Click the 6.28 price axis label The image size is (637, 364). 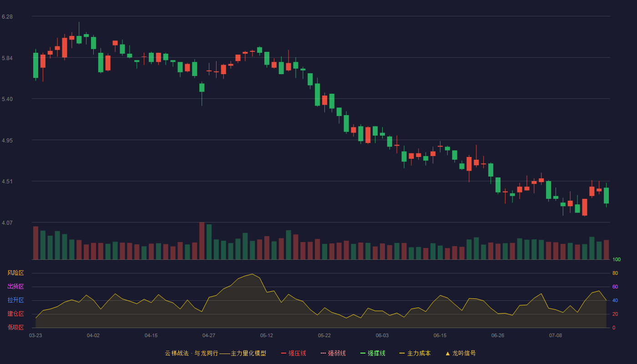pos(7,17)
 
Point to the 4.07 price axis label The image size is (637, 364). pos(7,222)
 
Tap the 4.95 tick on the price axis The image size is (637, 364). pos(7,141)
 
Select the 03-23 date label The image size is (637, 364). pos(35,336)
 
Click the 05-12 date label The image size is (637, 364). pos(267,336)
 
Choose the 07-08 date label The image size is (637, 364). pos(556,336)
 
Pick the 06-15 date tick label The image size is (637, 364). pos(440,336)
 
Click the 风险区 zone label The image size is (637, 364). pos(15,273)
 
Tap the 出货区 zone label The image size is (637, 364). pos(15,286)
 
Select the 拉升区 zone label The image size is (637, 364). pos(15,300)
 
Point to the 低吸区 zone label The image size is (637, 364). pos(15,327)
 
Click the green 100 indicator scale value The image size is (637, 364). pos(617,259)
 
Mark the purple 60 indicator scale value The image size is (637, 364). pos(615,287)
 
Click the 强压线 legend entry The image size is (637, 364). pos(293,353)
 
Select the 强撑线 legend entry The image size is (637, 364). pos(373,353)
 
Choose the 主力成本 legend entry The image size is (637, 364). pos(415,353)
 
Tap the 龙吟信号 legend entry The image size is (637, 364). pos(460,353)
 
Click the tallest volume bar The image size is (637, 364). pos(202,241)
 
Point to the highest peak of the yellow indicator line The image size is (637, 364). pos(252,274)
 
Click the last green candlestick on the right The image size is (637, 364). pos(606,195)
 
